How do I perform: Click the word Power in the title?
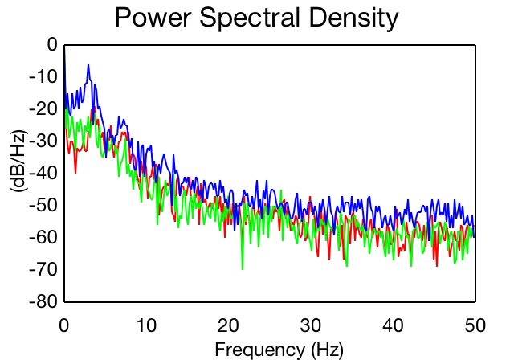point(153,17)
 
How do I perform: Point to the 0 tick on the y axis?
point(52,44)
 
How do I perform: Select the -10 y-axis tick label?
point(43,76)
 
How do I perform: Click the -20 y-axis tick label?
point(43,108)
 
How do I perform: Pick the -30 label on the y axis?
point(43,141)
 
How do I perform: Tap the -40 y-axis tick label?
point(43,173)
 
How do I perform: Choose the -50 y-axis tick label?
point(43,205)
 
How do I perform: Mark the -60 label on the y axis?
point(43,237)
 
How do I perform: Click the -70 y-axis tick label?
point(43,269)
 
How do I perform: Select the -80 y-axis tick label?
point(43,301)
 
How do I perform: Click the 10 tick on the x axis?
point(146,326)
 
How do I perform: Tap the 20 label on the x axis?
point(228,326)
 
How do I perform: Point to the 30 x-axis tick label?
point(311,326)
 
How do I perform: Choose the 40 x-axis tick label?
point(393,326)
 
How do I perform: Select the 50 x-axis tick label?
point(475,326)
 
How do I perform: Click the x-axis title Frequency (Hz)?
point(279,350)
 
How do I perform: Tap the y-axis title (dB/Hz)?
point(19,161)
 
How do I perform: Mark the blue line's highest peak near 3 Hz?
point(88,66)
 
